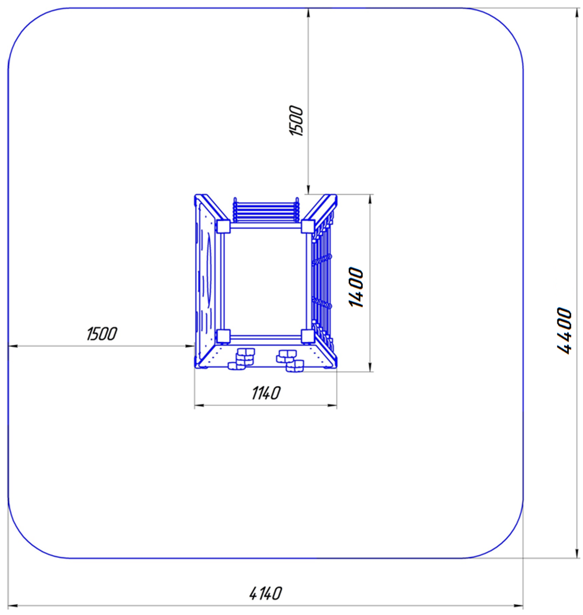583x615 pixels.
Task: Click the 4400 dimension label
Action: [x=565, y=331]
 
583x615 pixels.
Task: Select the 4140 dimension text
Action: [x=265, y=593]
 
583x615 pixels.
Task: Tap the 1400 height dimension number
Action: [x=356, y=288]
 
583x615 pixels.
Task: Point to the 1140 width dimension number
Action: [x=266, y=392]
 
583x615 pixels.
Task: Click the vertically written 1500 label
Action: [x=296, y=120]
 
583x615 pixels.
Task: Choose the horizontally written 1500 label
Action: [x=102, y=334]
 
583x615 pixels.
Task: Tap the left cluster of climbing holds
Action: [x=242, y=359]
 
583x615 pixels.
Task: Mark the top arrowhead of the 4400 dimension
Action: [x=577, y=13]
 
